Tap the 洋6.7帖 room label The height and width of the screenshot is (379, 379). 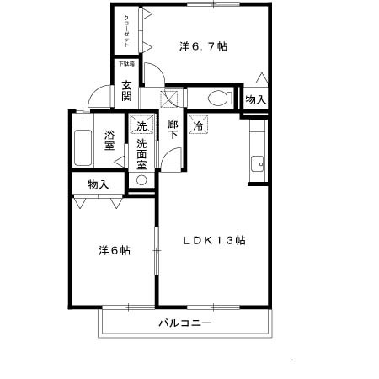[x=202, y=47]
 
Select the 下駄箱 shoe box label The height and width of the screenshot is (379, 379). [x=125, y=64]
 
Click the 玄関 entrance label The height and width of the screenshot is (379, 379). [x=125, y=90]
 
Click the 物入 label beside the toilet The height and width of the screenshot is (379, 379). [x=255, y=99]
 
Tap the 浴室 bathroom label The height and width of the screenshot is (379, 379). [x=109, y=140]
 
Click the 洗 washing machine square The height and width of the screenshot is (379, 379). [x=141, y=125]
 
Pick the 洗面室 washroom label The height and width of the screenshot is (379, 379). [x=141, y=155]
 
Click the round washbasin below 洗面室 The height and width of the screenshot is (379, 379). [x=141, y=180]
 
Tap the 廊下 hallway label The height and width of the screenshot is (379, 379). [x=173, y=133]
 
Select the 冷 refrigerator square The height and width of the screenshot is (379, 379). [x=199, y=125]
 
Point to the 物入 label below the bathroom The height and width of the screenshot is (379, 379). [x=98, y=184]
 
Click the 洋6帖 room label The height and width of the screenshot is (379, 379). [x=113, y=250]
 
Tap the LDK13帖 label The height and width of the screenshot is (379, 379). [x=215, y=240]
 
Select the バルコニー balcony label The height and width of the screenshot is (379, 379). [x=185, y=323]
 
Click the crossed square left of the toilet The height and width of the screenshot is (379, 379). [x=171, y=97]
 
